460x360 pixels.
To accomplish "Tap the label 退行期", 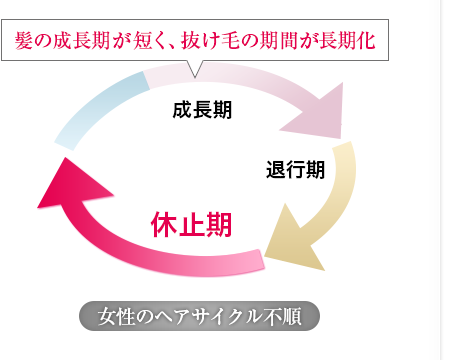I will [x=295, y=169].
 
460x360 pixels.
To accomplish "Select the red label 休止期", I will [x=192, y=224].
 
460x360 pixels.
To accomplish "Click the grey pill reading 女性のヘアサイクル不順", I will [x=199, y=317].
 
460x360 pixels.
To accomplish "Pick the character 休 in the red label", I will [x=165, y=224].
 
